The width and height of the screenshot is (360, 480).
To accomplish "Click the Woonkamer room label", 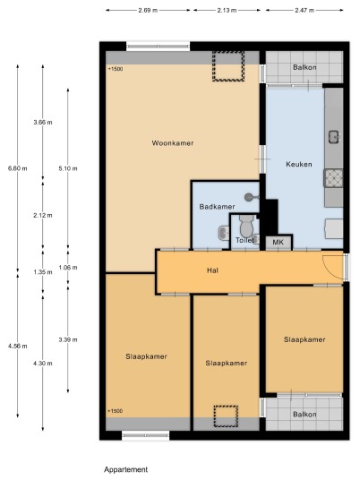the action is (x=173, y=143).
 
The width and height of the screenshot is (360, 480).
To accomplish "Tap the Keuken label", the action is (x=299, y=165).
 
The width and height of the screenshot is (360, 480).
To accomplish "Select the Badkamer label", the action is (x=217, y=207).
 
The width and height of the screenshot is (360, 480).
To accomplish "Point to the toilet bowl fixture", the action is (x=247, y=227).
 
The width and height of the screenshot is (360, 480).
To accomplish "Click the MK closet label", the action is (x=278, y=243).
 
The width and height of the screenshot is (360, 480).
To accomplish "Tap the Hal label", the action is (x=212, y=270).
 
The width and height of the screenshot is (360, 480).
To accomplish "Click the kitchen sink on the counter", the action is (x=334, y=136).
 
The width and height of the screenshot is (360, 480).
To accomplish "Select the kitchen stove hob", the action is (x=334, y=178).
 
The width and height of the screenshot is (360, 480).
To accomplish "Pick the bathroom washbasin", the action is (x=224, y=233).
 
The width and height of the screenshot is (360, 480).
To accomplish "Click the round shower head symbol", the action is (x=249, y=197).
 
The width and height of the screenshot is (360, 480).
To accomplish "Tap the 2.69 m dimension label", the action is (x=148, y=10).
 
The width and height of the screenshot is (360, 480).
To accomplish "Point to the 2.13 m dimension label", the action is (x=227, y=10).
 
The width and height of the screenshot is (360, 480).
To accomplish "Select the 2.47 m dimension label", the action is (x=304, y=10).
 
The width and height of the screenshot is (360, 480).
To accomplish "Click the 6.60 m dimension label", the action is (x=17, y=168).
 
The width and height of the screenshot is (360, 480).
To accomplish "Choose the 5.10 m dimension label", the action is (x=68, y=168).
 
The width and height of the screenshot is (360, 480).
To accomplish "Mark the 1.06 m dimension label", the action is (x=68, y=267).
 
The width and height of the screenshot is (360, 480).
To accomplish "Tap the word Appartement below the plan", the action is (x=125, y=469).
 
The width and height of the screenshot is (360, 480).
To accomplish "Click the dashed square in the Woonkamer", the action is (x=228, y=66).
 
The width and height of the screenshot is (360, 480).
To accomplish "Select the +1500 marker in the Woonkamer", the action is (x=116, y=69).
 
